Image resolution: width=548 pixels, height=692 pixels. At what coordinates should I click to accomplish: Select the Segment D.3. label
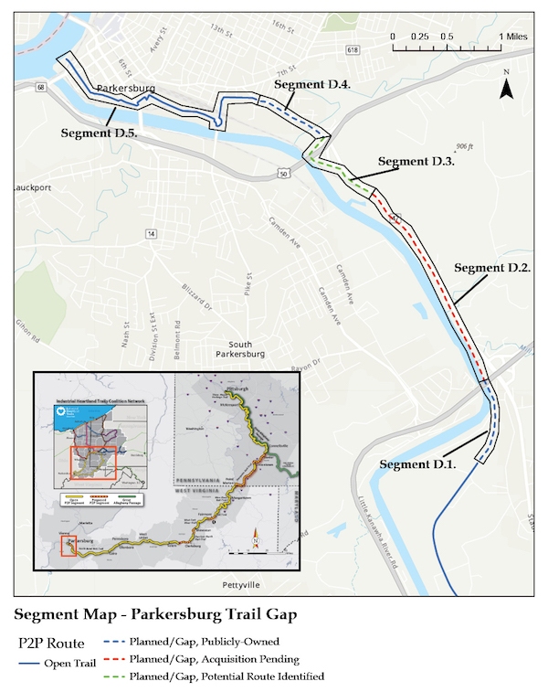tap(416, 162)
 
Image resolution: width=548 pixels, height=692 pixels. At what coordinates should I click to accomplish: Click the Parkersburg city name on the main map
tap(122, 90)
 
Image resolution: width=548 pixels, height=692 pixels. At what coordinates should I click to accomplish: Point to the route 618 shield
tap(353, 48)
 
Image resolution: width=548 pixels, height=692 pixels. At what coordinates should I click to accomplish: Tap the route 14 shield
tap(149, 235)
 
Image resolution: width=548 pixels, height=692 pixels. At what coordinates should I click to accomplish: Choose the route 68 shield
tap(41, 88)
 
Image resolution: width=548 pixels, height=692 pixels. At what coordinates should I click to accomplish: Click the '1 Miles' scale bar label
tap(511, 37)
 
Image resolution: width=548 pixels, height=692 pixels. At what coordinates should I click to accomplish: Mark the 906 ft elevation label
tap(466, 147)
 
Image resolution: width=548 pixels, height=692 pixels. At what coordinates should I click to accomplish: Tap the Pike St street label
tap(247, 284)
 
